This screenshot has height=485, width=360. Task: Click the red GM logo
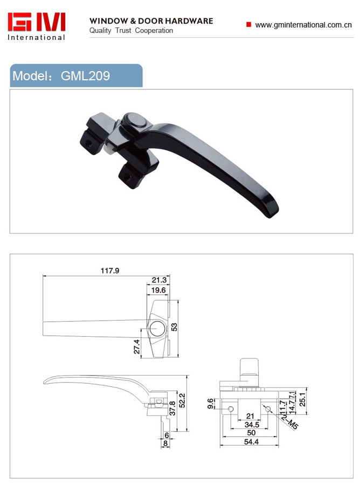pos(37,22)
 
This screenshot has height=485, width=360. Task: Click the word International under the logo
pos(37,37)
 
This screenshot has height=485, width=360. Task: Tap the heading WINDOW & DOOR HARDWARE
pos(151,21)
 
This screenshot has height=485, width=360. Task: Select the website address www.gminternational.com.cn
pos(303,25)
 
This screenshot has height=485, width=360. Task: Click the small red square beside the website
pos(248,24)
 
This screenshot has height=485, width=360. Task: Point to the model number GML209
pos(85,76)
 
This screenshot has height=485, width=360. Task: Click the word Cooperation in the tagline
pos(154,30)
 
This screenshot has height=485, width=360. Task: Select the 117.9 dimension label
pos(110,271)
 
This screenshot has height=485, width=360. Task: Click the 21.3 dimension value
pos(159,280)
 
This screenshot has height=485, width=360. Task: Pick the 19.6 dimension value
pos(158,290)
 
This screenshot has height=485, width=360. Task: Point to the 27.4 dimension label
pos(137,347)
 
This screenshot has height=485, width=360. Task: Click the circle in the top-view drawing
pos(157,328)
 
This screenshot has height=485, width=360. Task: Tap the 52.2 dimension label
pos(182,400)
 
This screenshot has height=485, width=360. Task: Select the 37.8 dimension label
pos(172,408)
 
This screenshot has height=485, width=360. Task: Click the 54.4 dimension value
pos(251,442)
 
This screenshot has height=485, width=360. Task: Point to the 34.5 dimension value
pos(252,425)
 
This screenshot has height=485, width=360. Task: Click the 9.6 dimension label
pos(210,404)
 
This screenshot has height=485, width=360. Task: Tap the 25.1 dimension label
pos(302,399)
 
